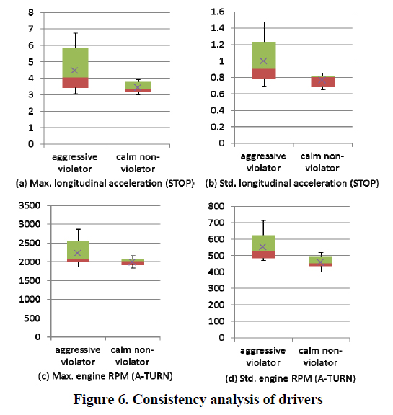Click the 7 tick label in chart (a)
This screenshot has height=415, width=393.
coord(31,29)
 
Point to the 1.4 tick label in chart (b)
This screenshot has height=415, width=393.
coord(218,28)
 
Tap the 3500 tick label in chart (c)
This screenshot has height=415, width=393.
coord(30,205)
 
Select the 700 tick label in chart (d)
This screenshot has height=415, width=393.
coord(216,223)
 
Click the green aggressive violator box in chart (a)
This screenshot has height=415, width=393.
coord(76,63)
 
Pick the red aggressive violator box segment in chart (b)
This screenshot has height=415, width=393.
coord(264,73)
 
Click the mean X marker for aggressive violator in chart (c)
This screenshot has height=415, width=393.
coord(77,253)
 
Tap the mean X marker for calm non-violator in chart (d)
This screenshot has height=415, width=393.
coord(320,262)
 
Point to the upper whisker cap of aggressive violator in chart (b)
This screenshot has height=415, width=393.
coord(264,22)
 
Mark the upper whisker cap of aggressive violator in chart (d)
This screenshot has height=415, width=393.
coord(263,220)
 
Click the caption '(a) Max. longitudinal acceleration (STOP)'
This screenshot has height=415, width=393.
coord(105,184)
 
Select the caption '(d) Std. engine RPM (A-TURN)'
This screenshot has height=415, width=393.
coord(291,378)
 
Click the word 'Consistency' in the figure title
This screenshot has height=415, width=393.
coord(169,400)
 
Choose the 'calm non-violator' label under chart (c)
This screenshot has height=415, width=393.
coord(132,356)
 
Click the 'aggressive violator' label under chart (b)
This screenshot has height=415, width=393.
coord(263,162)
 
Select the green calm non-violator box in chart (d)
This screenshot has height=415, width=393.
coord(321,260)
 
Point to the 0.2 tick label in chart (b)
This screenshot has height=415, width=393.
coord(218,127)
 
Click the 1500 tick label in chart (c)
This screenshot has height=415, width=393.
coord(30,280)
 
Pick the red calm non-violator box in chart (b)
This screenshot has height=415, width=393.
coord(323,82)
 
